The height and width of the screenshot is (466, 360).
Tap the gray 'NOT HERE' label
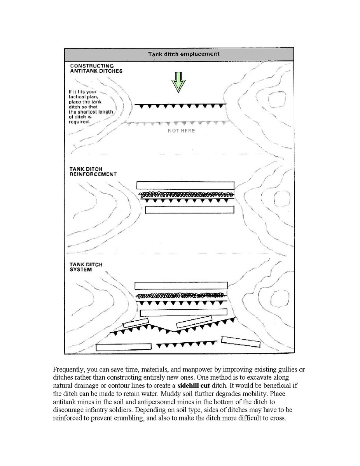click(181, 131)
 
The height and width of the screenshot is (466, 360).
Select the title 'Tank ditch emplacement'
click(178, 54)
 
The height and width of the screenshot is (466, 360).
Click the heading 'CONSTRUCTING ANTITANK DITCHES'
click(96, 68)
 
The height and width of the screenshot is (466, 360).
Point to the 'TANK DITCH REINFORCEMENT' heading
click(93, 172)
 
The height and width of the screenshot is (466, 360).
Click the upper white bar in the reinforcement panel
click(185, 185)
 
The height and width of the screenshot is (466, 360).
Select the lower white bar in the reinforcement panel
click(189, 210)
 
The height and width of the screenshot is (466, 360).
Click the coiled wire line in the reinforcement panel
click(186, 194)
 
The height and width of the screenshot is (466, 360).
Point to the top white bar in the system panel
click(181, 286)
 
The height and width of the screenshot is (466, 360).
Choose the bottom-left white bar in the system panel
click(124, 347)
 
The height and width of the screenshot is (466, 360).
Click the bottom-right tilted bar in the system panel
click(241, 342)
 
